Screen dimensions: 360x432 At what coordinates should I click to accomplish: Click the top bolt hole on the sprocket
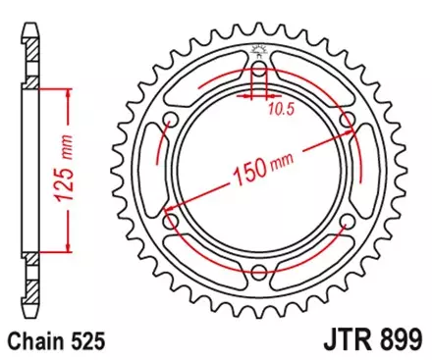pyautogui.click(x=260, y=70)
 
